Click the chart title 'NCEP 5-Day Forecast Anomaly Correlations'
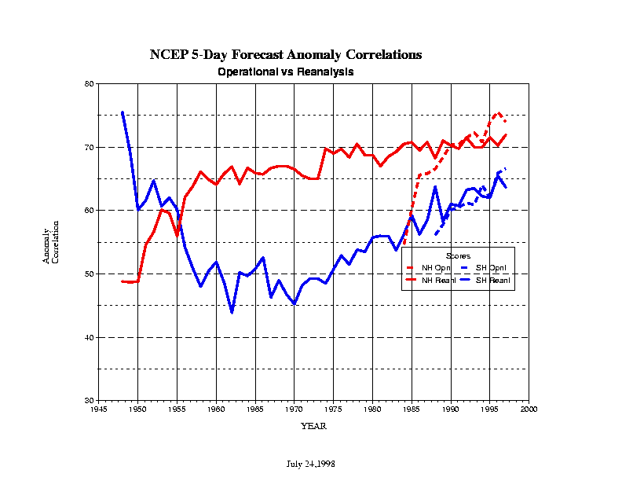(x=286, y=55)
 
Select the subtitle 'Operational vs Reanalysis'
(x=285, y=72)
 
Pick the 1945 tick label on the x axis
(x=98, y=409)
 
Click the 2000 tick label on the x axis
(x=529, y=409)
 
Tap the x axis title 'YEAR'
(x=313, y=426)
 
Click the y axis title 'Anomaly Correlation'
(x=50, y=246)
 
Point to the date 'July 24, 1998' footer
(x=309, y=464)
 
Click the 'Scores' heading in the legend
(x=458, y=256)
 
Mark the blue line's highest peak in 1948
(x=122, y=112)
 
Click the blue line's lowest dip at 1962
(x=232, y=312)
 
